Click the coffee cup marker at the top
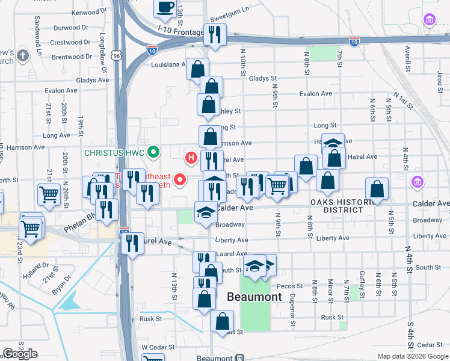click(x=165, y=8)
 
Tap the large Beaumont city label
click(x=254, y=297)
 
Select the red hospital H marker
click(x=191, y=158)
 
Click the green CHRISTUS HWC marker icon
click(x=153, y=152)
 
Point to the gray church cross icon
click(x=23, y=56)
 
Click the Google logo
click(x=20, y=354)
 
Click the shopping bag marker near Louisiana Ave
click(x=197, y=69)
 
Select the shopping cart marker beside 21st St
click(x=49, y=194)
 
